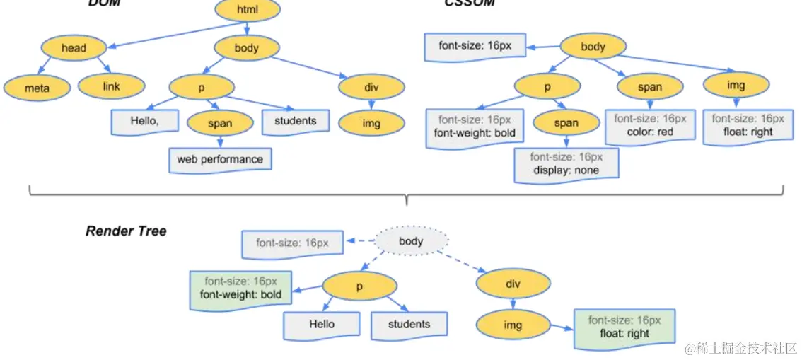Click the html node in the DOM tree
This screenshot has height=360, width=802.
pos(247,10)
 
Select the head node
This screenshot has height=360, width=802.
pos(74,48)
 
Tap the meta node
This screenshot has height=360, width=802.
pos(37,88)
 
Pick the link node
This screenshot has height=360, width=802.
pos(111,86)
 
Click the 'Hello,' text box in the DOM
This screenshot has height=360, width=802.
pos(144,121)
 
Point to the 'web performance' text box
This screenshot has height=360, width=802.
pos(220,159)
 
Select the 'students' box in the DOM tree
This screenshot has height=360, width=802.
pos(295,121)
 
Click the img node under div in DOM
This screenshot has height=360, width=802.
pos(371,124)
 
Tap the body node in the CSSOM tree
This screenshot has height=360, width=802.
pos(593,47)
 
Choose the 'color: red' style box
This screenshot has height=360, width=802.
pos(649,125)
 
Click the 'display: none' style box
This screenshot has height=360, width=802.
pos(566,164)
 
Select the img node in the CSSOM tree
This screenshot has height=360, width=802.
pos(736,86)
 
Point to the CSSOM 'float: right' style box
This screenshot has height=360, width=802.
pos(748,125)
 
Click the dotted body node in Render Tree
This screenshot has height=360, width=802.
pos(411,241)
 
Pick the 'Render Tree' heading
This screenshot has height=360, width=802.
pos(126,231)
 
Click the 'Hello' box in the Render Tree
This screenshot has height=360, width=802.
pos(321,324)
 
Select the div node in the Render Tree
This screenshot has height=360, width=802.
pos(513,284)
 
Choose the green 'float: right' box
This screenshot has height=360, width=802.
pos(624,327)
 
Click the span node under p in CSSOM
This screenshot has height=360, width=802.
pos(566,123)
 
